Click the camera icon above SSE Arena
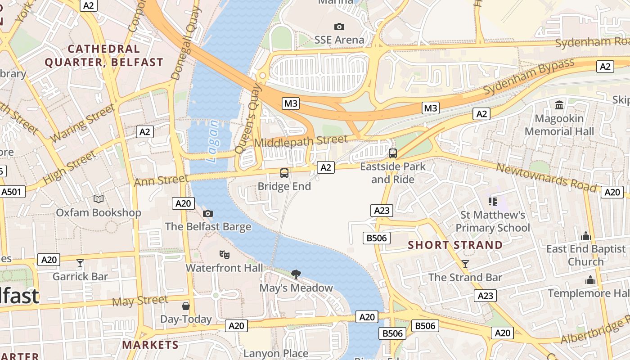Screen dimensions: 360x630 pyautogui.click(x=339, y=27)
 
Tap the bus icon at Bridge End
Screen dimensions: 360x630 pyautogui.click(x=284, y=173)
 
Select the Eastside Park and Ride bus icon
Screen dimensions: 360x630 pyautogui.click(x=393, y=153)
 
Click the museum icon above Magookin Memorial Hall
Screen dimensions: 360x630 pyautogui.click(x=559, y=105)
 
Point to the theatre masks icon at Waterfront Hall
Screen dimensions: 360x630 pyautogui.click(x=225, y=255)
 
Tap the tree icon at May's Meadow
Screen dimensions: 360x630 pyautogui.click(x=296, y=274)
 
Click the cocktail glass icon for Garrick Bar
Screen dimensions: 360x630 pyautogui.click(x=80, y=263)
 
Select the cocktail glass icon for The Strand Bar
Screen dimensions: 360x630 pyautogui.click(x=465, y=264)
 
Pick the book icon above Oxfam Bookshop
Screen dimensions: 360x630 pyautogui.click(x=98, y=199)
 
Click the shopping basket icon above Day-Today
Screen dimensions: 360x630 pyautogui.click(x=186, y=306)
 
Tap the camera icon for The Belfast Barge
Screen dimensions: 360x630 pyautogui.click(x=207, y=213)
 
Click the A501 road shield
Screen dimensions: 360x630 pyautogui.click(x=11, y=192)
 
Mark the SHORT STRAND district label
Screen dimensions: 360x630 pyautogui.click(x=455, y=245)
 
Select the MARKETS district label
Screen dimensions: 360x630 pyautogui.click(x=150, y=345)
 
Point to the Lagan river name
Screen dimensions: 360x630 pyautogui.click(x=212, y=141)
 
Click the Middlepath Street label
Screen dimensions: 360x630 pyautogui.click(x=301, y=141)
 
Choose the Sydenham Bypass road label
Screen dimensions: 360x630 pyautogui.click(x=529, y=76)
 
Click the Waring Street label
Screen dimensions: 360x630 pyautogui.click(x=83, y=123)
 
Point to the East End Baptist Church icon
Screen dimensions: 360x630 pyautogui.click(x=585, y=236)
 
